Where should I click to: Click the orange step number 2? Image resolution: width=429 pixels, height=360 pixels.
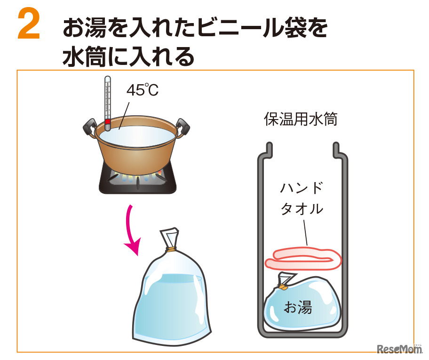click(29, 24)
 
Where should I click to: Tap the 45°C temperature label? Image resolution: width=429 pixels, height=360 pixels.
click(142, 89)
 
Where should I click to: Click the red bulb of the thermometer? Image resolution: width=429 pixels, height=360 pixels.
click(108, 121)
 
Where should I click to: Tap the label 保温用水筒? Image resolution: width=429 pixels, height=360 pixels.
click(301, 119)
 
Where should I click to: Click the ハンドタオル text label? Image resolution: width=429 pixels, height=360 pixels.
click(302, 198)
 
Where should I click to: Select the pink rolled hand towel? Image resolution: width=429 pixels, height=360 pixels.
click(303, 259)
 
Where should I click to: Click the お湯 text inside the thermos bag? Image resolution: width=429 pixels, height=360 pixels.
click(298, 307)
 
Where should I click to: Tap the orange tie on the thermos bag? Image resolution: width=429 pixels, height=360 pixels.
click(283, 287)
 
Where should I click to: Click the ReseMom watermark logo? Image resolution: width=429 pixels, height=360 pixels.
click(399, 349)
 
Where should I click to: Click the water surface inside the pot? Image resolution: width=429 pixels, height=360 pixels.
click(137, 135)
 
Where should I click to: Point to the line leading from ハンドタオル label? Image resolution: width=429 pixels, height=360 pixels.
click(305, 232)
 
